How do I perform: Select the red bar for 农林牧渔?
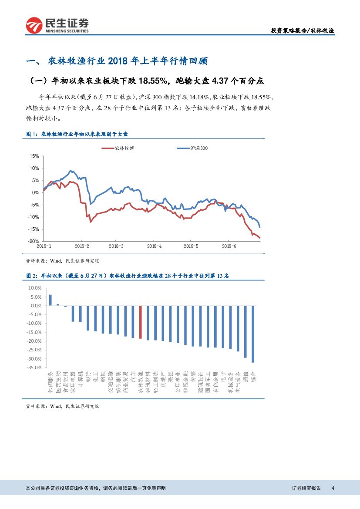[140, 322]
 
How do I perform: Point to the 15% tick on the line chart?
[34, 156]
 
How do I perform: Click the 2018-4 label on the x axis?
[155, 246]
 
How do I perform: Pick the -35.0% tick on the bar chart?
[34, 368]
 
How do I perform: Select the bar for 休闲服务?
[50, 300]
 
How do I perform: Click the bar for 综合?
[253, 334]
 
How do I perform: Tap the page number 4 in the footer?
[333, 489]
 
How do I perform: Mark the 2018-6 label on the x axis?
[229, 246]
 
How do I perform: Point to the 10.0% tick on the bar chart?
[34, 288]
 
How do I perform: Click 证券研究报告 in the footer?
[306, 489]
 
